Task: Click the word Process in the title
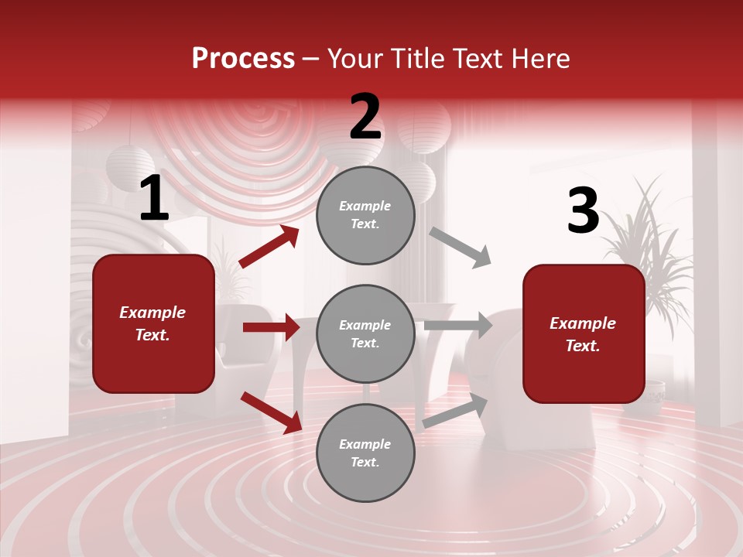[243, 59]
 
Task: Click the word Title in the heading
[416, 59]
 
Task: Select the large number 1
[154, 199]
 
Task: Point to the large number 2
[365, 117]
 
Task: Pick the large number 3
[583, 211]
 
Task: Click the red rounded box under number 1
[153, 323]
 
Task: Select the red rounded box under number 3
[584, 333]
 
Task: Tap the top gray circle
[365, 215]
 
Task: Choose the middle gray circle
[365, 333]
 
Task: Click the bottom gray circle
[365, 453]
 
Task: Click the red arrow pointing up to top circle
[269, 247]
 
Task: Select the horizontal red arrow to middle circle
[271, 327]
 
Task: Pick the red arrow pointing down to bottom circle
[271, 412]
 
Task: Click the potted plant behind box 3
[650, 232]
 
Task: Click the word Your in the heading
[354, 59]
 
